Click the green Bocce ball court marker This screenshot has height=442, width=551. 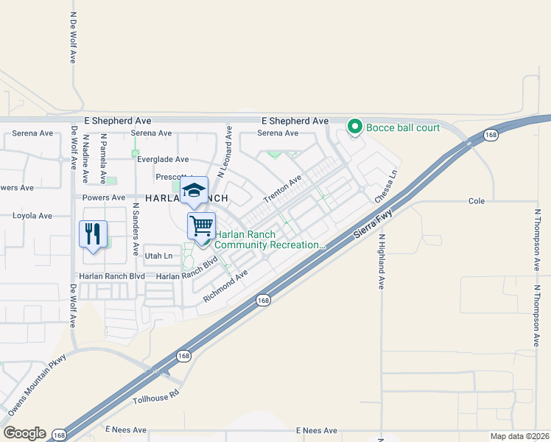click(x=354, y=127)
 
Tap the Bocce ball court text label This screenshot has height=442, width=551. click(x=403, y=127)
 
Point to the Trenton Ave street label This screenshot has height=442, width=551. click(x=284, y=190)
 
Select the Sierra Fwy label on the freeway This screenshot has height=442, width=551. click(x=371, y=223)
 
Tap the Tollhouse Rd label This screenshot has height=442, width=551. click(x=155, y=399)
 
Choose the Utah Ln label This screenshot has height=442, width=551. click(x=158, y=256)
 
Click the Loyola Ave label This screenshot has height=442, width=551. click(x=32, y=216)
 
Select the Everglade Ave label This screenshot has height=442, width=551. click(x=162, y=159)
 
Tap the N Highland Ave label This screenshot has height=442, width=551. click(x=382, y=262)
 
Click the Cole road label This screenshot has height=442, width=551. click(x=477, y=201)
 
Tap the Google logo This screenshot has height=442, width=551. click(x=24, y=433)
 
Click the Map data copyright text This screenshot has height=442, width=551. click(x=519, y=436)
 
